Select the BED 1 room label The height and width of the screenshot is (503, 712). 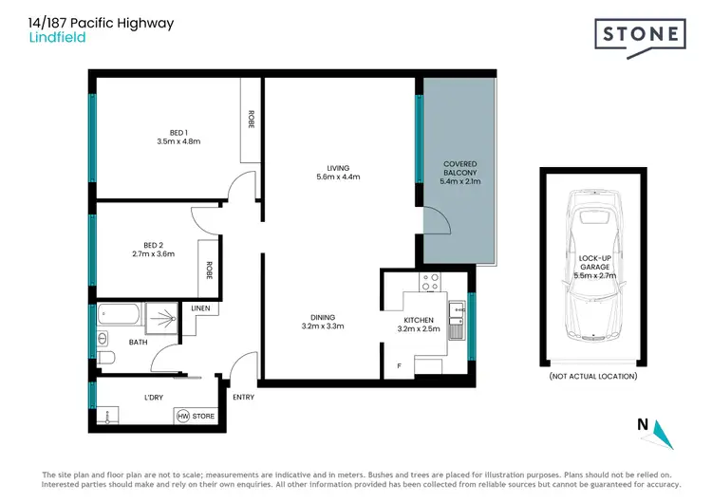[178, 132]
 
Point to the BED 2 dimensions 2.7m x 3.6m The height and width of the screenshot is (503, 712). [153, 253]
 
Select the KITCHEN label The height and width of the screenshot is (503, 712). [418, 321]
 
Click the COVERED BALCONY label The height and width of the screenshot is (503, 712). [460, 169]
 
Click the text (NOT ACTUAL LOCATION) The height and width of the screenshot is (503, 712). [593, 377]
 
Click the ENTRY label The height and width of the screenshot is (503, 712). [243, 397]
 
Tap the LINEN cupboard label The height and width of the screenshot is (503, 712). [200, 308]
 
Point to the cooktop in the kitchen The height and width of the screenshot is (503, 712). [430, 283]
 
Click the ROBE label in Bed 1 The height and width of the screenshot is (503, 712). [252, 120]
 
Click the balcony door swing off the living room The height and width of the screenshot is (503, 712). [436, 220]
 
